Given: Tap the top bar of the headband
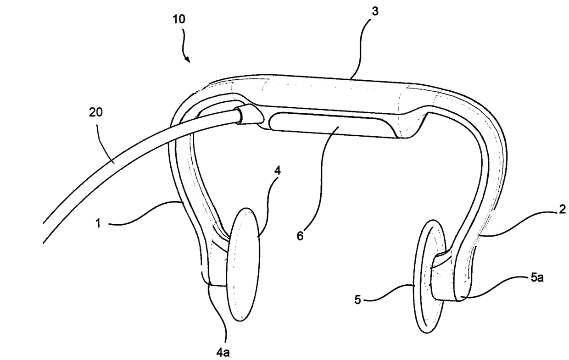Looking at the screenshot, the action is click(330, 94).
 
